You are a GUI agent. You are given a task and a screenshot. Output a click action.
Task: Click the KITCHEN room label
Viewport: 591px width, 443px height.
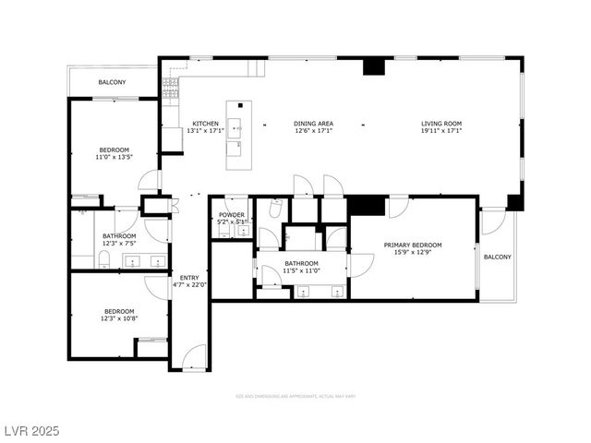point(205,124)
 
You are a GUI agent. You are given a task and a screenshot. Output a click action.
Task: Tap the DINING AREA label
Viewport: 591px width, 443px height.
point(314,124)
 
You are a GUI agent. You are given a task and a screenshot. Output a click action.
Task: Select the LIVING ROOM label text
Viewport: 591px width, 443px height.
point(441,124)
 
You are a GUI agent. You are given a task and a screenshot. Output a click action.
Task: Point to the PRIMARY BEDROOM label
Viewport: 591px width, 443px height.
point(413,245)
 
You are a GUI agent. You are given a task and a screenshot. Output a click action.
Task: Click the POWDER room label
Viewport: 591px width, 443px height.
point(232,214)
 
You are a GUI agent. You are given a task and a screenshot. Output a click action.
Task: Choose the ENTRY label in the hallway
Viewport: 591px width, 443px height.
point(188,277)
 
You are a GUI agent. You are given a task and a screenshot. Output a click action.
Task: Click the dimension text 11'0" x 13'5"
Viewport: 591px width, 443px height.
point(115,157)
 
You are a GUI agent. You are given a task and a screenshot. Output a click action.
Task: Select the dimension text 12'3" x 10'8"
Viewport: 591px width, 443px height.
point(119,318)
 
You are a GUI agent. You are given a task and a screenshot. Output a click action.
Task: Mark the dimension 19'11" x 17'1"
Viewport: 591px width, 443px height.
point(441,131)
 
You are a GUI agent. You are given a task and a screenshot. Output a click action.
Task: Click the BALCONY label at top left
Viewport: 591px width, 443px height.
point(113,83)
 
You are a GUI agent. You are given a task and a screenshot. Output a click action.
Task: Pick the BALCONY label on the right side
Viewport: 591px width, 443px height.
point(497,257)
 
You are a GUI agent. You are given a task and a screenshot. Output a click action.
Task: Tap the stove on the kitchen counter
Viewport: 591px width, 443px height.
point(169,87)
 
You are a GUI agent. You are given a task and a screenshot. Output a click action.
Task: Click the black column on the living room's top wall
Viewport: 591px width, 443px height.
point(373,66)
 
